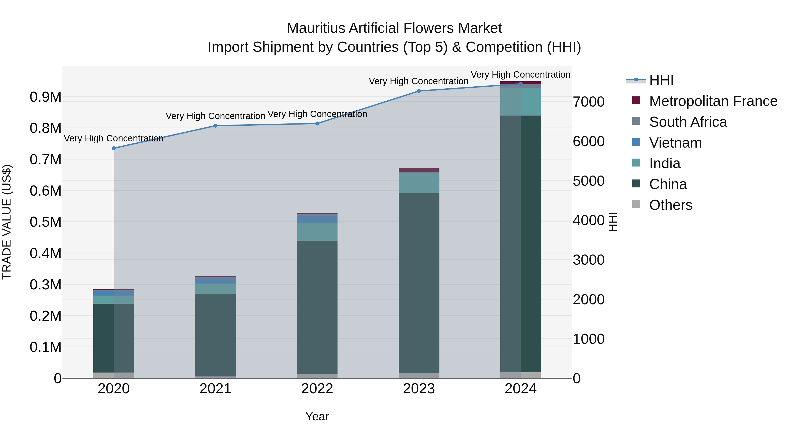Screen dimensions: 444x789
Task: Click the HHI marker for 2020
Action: [x=114, y=148]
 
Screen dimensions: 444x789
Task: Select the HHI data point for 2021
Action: [x=215, y=126]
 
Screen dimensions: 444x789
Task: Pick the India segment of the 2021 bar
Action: [x=215, y=289]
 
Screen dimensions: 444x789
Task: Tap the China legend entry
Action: [x=668, y=184]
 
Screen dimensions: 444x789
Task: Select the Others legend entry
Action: [x=670, y=205]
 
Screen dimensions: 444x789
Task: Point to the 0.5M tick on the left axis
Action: [x=46, y=222]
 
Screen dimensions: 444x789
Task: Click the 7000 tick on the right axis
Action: [x=589, y=102]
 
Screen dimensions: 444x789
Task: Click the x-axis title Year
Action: [x=317, y=416]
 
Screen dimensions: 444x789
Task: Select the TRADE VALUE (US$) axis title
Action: [x=7, y=222]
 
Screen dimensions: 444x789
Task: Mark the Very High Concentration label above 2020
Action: [x=114, y=139]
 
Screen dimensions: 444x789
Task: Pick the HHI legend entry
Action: [x=661, y=80]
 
